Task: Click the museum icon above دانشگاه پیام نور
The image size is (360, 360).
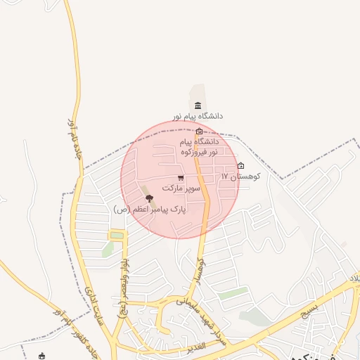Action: tap(198, 105)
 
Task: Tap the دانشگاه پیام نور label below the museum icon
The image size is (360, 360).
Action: tap(198, 116)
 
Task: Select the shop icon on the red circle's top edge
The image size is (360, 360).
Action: tap(200, 131)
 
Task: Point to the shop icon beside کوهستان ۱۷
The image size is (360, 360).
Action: tap(241, 166)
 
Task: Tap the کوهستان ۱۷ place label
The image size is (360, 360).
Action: tap(240, 176)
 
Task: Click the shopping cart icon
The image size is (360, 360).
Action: tap(181, 178)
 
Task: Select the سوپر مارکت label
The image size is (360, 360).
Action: tap(181, 188)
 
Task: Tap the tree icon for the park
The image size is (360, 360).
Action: tap(148, 199)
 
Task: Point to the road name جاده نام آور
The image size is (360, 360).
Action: tap(76, 144)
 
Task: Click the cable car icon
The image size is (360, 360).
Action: tap(41, 356)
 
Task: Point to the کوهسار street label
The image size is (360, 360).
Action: tap(199, 269)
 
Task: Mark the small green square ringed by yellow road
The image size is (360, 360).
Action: tap(117, 235)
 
